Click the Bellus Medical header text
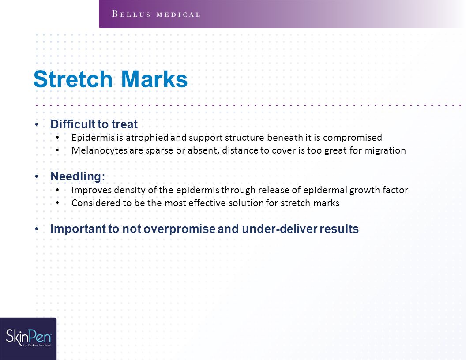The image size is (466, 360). pyautogui.click(x=156, y=14)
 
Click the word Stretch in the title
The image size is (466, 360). pyautogui.click(x=73, y=79)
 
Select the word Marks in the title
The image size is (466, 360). pyautogui.click(x=154, y=79)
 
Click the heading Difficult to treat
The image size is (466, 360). pyautogui.click(x=94, y=124)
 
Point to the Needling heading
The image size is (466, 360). pyautogui.click(x=78, y=176)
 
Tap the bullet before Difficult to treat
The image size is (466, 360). pyautogui.click(x=37, y=124)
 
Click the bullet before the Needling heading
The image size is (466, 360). pyautogui.click(x=37, y=177)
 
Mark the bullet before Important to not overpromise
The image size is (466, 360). pyautogui.click(x=37, y=229)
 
